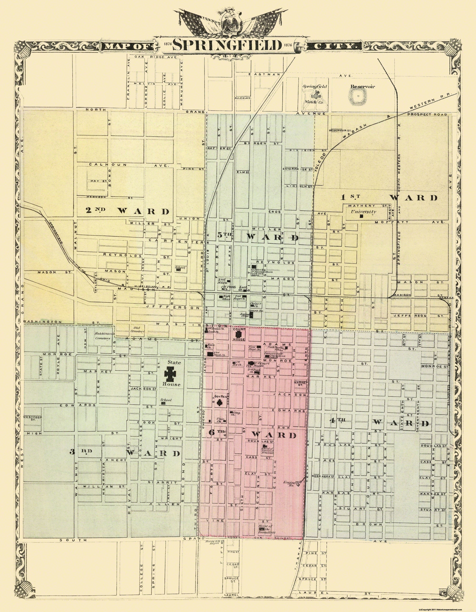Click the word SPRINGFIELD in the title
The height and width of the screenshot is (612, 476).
[x=227, y=45]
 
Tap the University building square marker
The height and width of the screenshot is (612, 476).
[x=362, y=216]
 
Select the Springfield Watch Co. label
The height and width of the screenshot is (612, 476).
[x=314, y=95]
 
